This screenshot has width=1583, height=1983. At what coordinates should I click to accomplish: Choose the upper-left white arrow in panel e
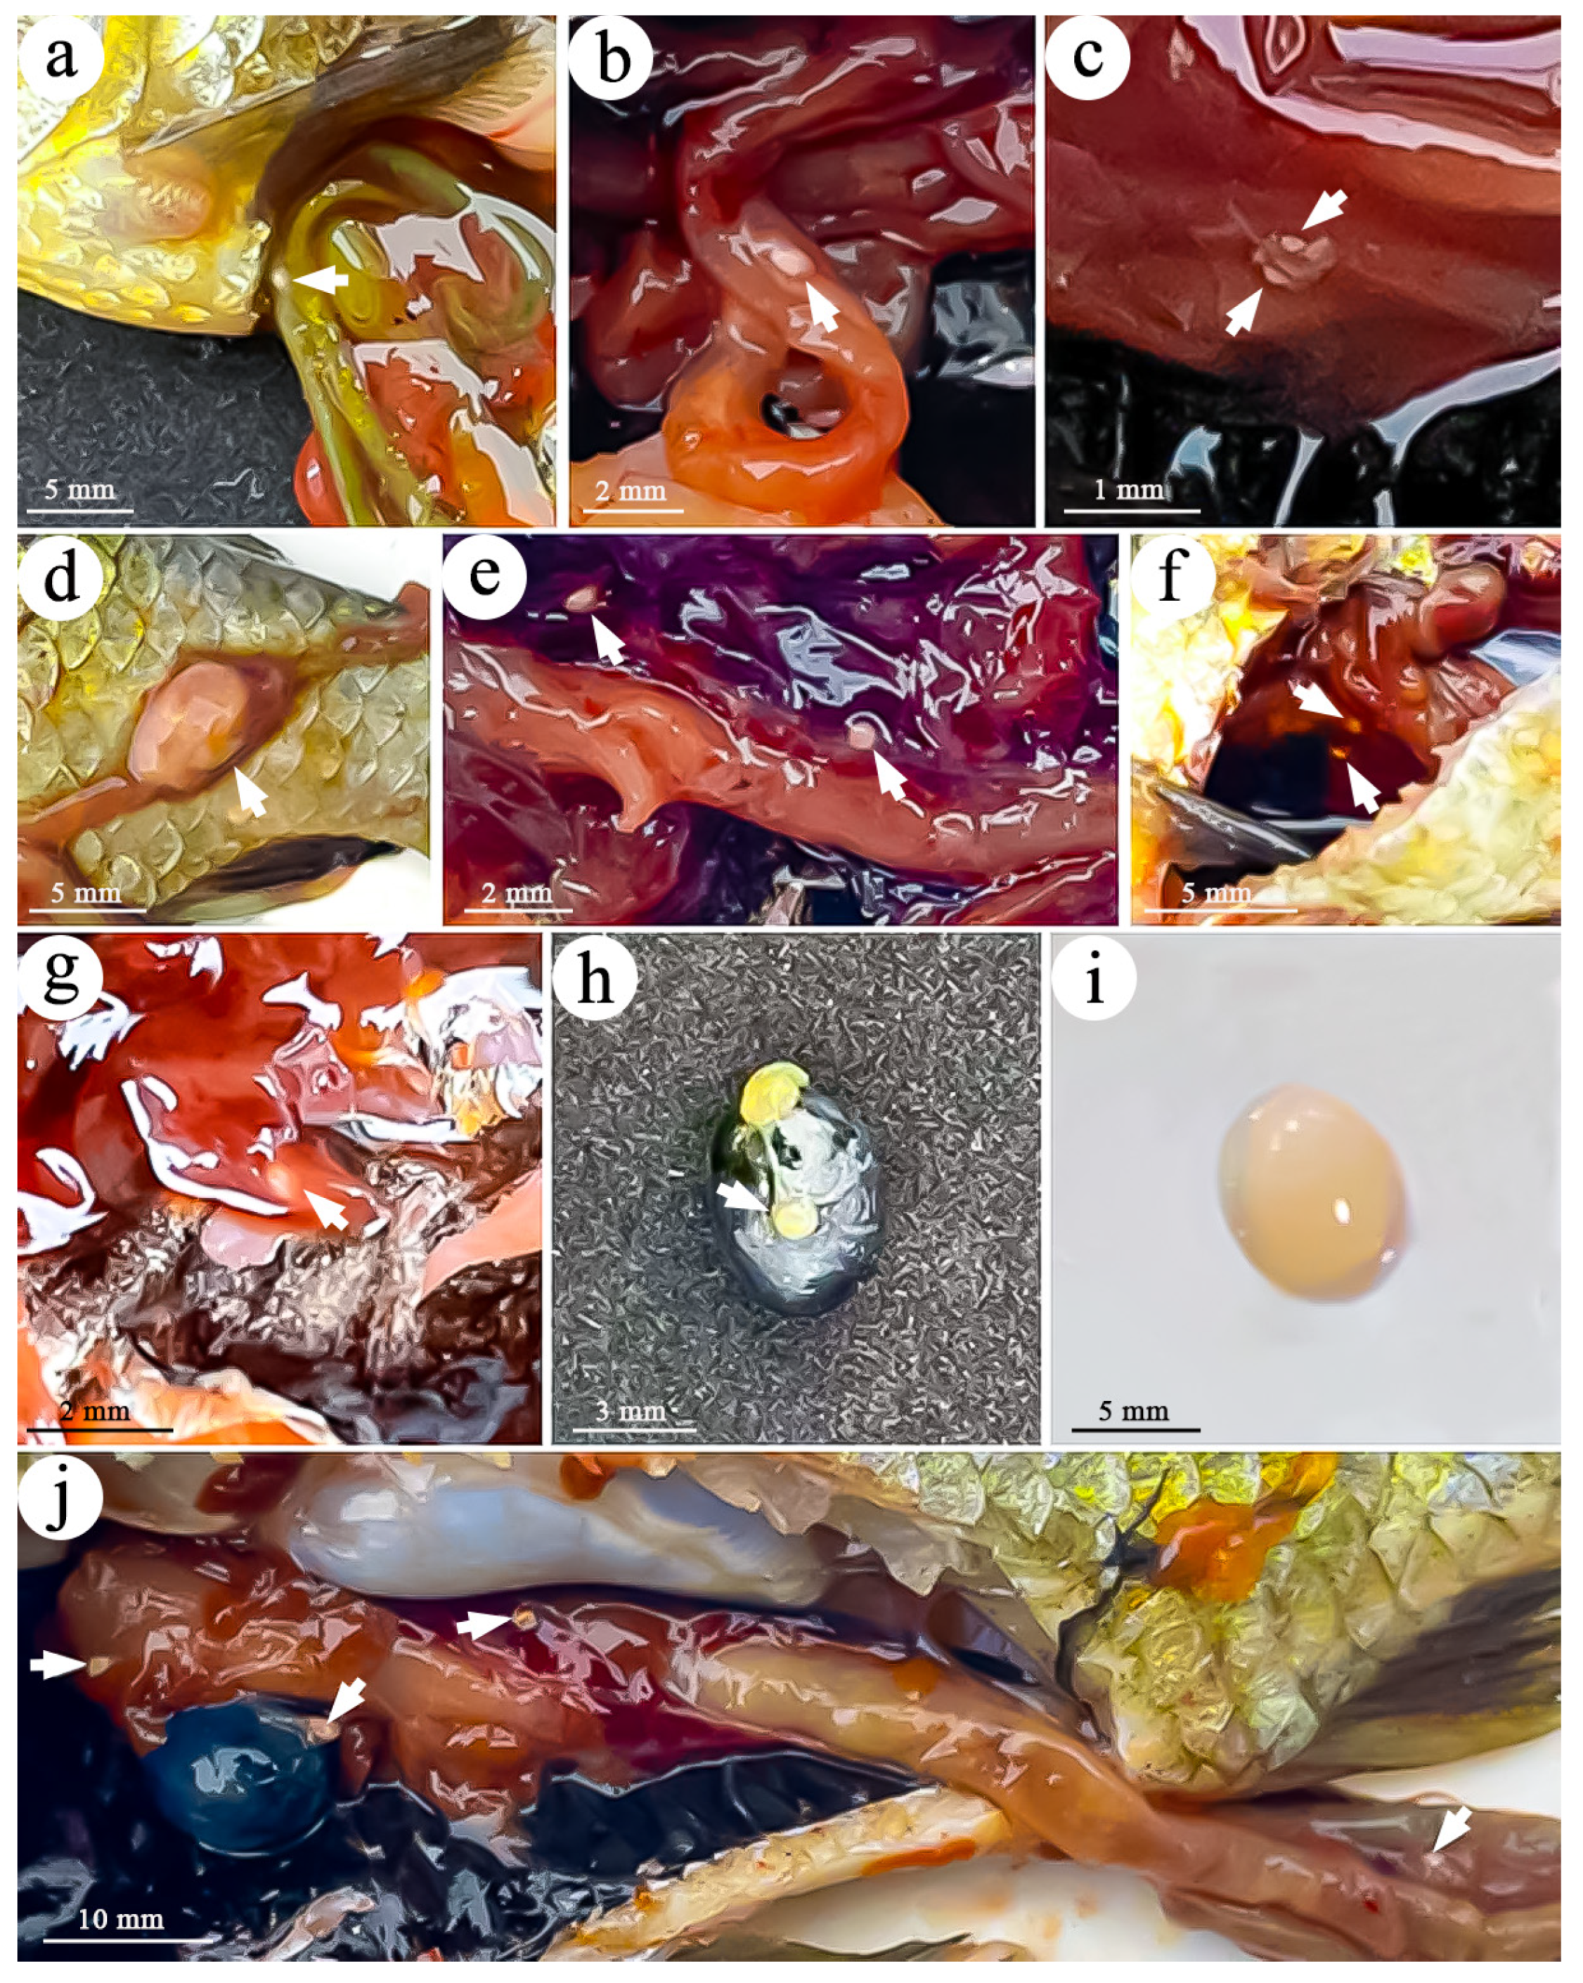tap(607, 640)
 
